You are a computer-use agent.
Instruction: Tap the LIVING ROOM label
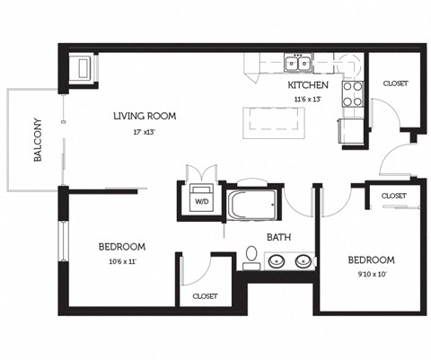144,116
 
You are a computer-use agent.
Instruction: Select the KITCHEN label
307,85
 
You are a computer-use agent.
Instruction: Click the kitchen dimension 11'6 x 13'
307,99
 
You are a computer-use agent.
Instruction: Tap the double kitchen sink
297,63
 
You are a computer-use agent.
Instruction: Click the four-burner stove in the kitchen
352,94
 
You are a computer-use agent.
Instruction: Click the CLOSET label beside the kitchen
395,83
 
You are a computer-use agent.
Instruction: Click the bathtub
253,204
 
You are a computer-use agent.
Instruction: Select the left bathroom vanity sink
277,262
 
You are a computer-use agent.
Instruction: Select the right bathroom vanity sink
303,262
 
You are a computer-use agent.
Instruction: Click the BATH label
277,237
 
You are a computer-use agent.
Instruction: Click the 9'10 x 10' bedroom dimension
371,274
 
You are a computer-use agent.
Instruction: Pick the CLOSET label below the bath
205,295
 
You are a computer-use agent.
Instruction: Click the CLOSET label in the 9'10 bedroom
393,195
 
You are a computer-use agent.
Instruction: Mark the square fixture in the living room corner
80,67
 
